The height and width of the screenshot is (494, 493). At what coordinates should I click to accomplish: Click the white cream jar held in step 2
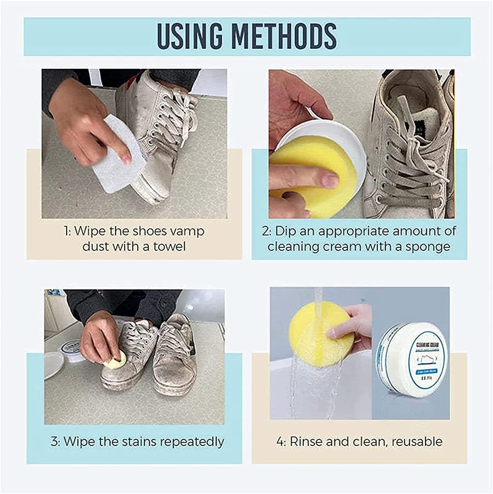[x=333, y=138]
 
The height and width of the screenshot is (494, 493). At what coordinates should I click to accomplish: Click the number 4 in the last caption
[x=280, y=442]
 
